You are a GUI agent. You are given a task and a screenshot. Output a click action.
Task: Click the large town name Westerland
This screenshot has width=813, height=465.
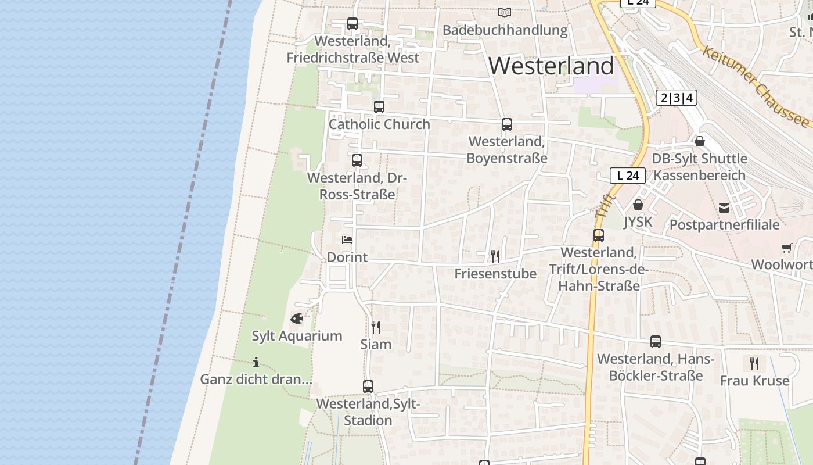click(x=551, y=66)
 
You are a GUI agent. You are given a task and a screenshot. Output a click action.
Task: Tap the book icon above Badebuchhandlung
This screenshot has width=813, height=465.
click(x=505, y=12)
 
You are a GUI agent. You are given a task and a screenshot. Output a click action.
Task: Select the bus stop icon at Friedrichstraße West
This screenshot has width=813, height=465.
click(x=352, y=24)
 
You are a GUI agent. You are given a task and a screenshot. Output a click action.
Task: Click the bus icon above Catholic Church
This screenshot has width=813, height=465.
click(x=379, y=107)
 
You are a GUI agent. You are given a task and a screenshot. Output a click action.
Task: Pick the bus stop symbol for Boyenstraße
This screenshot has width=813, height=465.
click(x=507, y=124)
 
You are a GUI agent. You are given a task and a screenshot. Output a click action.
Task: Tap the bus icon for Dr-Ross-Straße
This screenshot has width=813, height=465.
click(x=357, y=160)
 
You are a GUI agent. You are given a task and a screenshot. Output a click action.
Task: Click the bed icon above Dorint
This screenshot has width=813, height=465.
click(x=347, y=239)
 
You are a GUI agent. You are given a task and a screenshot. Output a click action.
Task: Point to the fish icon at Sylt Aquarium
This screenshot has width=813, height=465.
click(x=297, y=319)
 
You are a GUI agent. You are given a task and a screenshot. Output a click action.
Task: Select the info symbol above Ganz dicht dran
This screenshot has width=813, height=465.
click(x=256, y=362)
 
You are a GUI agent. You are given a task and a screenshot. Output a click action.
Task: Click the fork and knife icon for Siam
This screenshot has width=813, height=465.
click(x=376, y=327)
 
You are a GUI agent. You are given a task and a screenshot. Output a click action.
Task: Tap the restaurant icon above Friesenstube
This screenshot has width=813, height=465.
click(x=495, y=256)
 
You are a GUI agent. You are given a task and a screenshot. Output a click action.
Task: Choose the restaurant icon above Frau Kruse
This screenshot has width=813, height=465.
click(x=754, y=364)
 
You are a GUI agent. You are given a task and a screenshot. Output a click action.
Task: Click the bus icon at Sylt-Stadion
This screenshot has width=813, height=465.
click(x=368, y=387)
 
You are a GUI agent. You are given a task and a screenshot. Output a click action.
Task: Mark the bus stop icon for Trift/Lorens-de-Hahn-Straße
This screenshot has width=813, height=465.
click(x=599, y=235)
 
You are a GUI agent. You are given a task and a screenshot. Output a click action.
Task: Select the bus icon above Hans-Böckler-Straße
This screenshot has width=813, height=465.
click(x=656, y=342)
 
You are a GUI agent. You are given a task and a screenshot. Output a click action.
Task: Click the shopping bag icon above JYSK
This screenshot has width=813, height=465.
click(x=638, y=205)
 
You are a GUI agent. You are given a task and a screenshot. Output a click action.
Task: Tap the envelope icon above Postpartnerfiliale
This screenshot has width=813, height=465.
click(x=724, y=208)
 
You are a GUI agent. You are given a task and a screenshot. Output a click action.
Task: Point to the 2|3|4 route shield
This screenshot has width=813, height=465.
click(x=676, y=98)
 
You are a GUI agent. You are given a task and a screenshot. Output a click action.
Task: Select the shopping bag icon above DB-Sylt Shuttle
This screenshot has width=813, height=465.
click(x=700, y=141)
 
